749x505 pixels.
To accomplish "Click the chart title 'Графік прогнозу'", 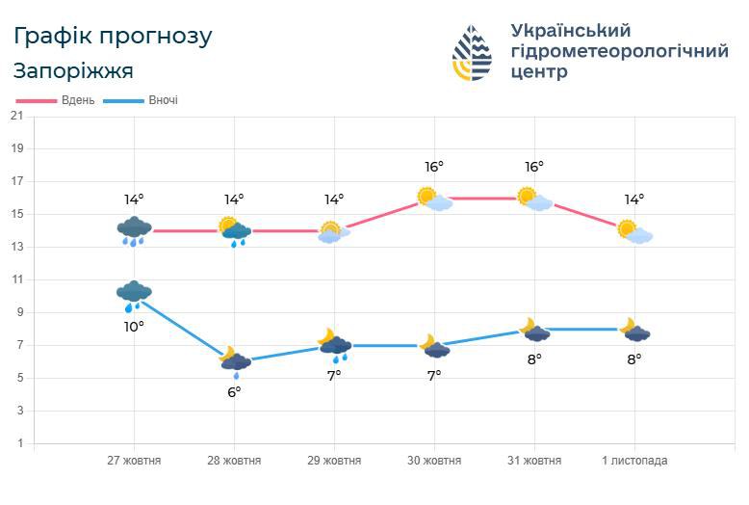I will [x=113, y=37].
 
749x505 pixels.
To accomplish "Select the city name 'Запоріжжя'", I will [x=73, y=71].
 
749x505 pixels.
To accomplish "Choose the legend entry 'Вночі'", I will [x=163, y=100].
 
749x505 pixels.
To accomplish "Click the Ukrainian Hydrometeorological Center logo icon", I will [x=472, y=52].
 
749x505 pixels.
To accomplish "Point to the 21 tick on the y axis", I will [x=16, y=116].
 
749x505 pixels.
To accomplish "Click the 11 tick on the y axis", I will [x=16, y=279].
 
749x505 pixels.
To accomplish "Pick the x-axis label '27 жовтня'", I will [x=134, y=461].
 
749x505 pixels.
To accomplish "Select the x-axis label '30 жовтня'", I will [x=434, y=461].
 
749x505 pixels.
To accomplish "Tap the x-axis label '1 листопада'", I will [x=634, y=461].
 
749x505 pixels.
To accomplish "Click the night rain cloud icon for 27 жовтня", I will [x=134, y=294].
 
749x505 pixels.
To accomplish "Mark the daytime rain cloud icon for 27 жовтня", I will [x=134, y=230].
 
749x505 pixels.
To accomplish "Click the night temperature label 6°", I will [x=234, y=391].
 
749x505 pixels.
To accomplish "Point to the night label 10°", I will [x=134, y=327].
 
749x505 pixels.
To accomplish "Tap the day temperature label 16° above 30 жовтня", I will [x=434, y=167].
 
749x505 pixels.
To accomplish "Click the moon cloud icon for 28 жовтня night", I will [x=234, y=359].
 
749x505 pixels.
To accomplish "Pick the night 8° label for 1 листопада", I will [x=634, y=359].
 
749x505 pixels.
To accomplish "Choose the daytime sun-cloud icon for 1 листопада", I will [x=634, y=231].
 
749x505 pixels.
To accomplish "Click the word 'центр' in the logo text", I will [x=540, y=72].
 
